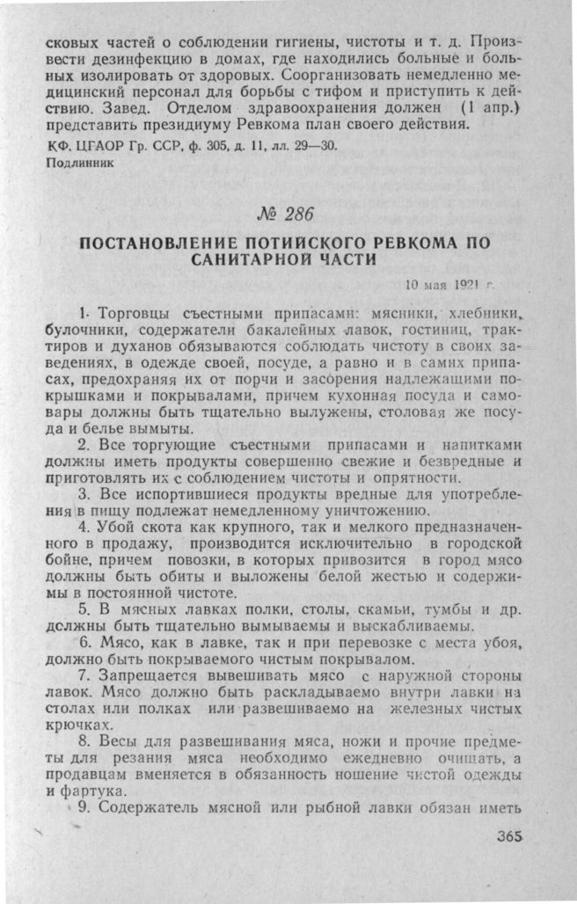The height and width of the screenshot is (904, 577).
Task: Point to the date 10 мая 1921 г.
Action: (451, 284)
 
